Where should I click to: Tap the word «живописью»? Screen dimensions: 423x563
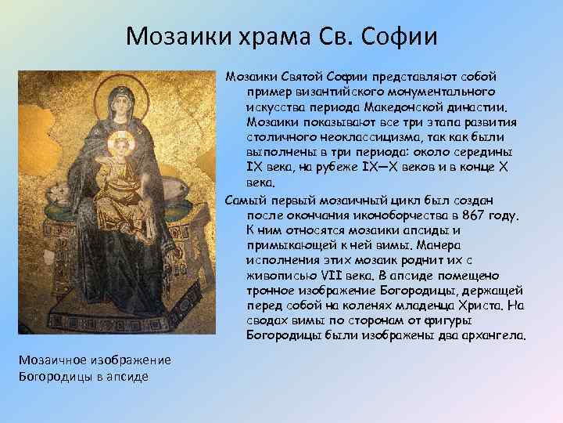click(x=278, y=275)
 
